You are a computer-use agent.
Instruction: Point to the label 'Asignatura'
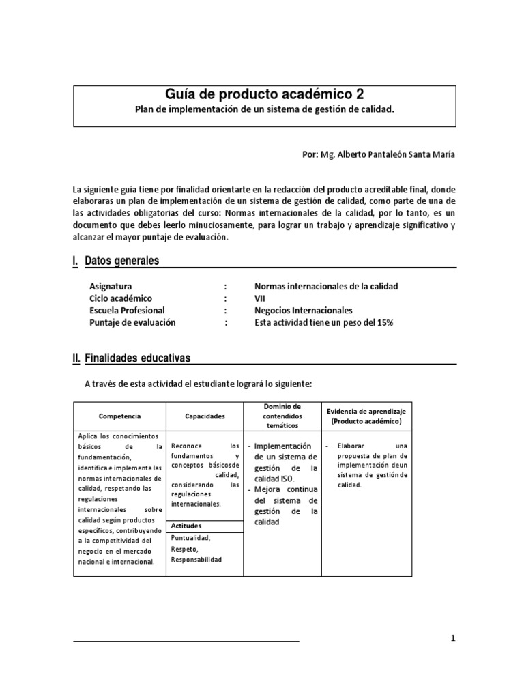[111, 286]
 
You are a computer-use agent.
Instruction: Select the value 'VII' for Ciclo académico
[259, 298]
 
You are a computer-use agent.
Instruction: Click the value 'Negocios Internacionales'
[303, 310]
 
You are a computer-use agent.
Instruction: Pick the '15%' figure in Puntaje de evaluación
[383, 322]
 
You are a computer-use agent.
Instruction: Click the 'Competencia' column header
[119, 416]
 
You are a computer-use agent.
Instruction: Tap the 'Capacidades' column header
[205, 416]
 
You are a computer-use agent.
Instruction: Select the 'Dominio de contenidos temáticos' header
[282, 416]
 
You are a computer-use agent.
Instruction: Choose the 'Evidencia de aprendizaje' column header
[366, 412]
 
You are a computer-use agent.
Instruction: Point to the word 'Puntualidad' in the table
[191, 538]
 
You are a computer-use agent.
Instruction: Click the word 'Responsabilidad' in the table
[196, 560]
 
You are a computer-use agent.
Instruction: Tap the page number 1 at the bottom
[452, 638]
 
